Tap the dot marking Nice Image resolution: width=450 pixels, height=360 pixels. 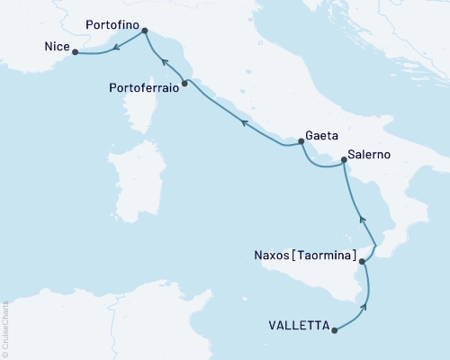[74, 52]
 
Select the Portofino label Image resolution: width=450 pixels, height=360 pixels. [112, 29]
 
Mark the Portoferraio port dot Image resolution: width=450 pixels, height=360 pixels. [184, 84]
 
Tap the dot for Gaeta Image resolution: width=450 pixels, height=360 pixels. [301, 140]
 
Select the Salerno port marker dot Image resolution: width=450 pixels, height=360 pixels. [344, 161]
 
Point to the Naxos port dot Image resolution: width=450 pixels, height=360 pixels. [362, 262]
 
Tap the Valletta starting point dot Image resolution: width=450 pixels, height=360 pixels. [335, 330]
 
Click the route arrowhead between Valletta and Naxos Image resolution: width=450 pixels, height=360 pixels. [364, 308]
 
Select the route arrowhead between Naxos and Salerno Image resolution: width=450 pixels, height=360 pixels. [362, 218]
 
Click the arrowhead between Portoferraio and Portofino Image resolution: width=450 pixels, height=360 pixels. [163, 61]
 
